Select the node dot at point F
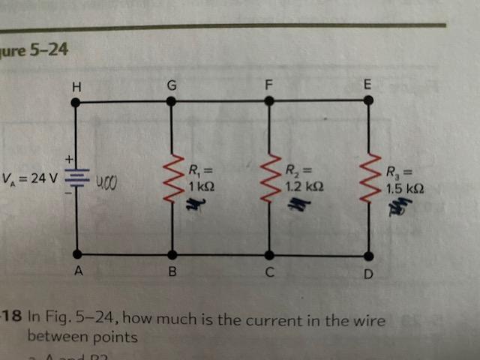[268, 100]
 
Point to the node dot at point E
[367, 100]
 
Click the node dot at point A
[76, 254]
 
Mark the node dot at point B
[172, 255]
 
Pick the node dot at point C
[270, 255]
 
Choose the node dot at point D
[367, 255]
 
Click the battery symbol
[76, 180]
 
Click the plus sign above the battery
[67, 159]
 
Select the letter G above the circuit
[172, 85]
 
